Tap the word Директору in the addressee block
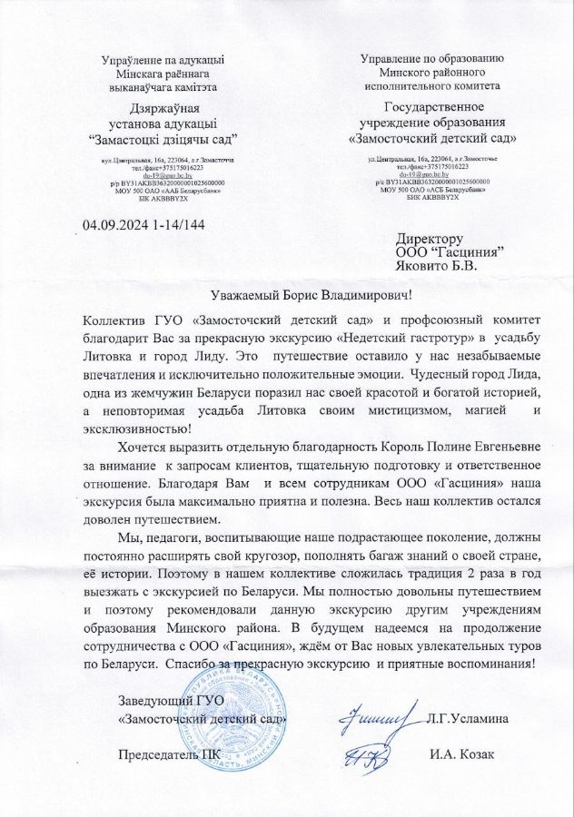tap(430, 238)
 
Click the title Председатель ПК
tap(162, 756)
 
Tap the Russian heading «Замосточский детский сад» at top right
tap(434, 140)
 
